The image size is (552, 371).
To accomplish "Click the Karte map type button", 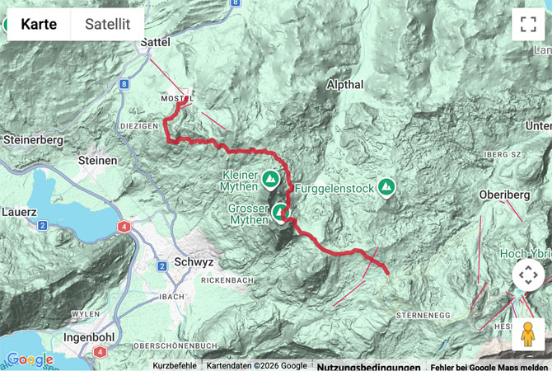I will point(39,24).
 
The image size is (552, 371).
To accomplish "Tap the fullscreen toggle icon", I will point(527,24).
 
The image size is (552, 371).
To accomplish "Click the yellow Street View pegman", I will point(527,334).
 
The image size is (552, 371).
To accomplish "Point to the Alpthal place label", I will point(344,85).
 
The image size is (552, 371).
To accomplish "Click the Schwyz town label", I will point(194,261).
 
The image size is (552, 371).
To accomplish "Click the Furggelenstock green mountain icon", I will point(385,189).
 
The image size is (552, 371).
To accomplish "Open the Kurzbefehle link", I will point(175,365).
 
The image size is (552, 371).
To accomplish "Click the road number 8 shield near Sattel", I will point(122,84).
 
